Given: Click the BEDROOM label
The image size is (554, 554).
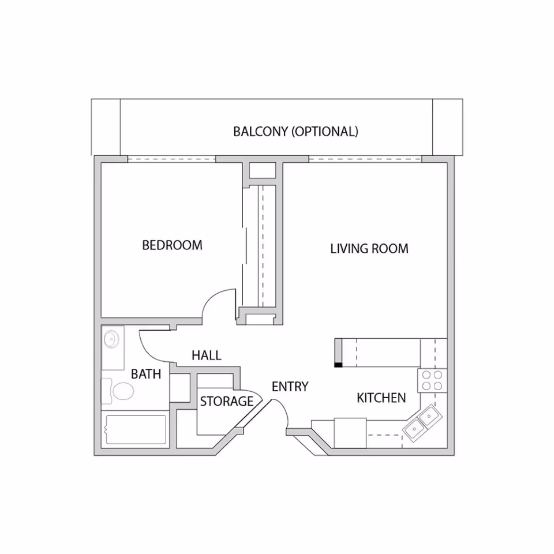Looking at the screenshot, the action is (x=172, y=245).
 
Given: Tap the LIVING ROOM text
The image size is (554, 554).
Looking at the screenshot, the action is (x=369, y=249).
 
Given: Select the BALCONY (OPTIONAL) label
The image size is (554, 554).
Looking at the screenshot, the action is (x=295, y=132).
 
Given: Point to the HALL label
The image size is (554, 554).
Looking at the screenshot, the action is (x=207, y=355).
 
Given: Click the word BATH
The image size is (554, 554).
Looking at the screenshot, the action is (x=146, y=374).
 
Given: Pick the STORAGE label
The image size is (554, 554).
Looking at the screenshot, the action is (x=226, y=402).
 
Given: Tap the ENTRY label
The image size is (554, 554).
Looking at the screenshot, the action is (x=290, y=387).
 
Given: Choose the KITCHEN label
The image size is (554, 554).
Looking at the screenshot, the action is (x=381, y=398).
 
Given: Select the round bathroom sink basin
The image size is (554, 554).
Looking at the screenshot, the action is (x=111, y=340).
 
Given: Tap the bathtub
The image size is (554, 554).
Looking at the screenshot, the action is (x=136, y=429).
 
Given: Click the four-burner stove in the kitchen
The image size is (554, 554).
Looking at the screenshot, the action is (x=432, y=380).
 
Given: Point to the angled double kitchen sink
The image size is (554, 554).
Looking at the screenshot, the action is (x=423, y=423).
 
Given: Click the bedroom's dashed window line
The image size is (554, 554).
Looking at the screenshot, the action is (x=172, y=159).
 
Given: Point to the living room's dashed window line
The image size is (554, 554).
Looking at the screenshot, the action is (x=365, y=159).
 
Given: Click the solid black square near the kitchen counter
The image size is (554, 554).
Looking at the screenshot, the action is (x=339, y=365).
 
